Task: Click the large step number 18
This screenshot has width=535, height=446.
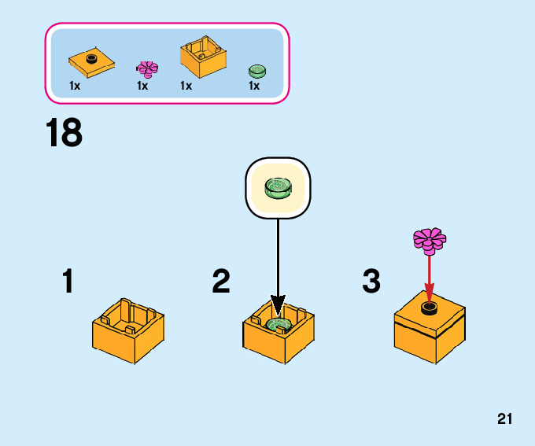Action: pyautogui.click(x=64, y=134)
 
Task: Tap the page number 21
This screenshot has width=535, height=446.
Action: pyautogui.click(x=504, y=419)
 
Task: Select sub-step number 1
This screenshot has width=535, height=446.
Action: pyautogui.click(x=68, y=282)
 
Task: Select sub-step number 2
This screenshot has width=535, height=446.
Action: pyautogui.click(x=221, y=282)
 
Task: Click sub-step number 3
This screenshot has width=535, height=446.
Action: pyautogui.click(x=371, y=282)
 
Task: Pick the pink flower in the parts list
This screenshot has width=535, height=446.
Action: pyautogui.click(x=147, y=68)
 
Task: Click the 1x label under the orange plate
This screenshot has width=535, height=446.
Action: pyautogui.click(x=75, y=86)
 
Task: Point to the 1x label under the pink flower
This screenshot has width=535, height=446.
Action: pyautogui.click(x=142, y=86)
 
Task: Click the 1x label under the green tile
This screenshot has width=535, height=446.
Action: pyautogui.click(x=254, y=86)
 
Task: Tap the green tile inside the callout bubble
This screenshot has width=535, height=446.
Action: pyautogui.click(x=279, y=187)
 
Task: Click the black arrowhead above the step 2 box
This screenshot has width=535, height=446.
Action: pyautogui.click(x=278, y=305)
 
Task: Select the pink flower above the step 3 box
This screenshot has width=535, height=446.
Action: pyautogui.click(x=430, y=239)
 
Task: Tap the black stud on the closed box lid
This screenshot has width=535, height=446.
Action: pyautogui.click(x=430, y=307)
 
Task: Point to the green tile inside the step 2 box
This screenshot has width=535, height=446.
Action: pyautogui.click(x=279, y=324)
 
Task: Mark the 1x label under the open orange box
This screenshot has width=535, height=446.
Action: pyautogui.click(x=186, y=86)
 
